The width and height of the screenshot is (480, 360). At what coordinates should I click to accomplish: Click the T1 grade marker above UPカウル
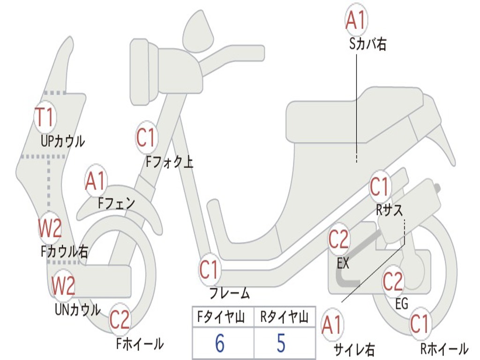[x=45, y=117]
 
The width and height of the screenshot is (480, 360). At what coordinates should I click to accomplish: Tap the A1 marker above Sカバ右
[x=356, y=20]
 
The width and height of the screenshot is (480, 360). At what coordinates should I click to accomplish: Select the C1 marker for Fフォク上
[x=146, y=137]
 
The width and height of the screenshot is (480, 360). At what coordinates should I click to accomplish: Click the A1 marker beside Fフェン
[x=96, y=181]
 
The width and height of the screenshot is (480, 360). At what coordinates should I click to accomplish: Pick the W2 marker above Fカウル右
[x=50, y=228]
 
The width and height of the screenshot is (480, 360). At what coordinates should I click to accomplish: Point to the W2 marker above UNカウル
[x=63, y=285]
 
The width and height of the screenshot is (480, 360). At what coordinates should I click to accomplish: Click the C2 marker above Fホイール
[x=120, y=319]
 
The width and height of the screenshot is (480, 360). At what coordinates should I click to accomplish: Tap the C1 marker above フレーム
[x=210, y=270]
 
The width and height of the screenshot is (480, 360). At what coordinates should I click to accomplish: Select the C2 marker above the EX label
[x=338, y=239]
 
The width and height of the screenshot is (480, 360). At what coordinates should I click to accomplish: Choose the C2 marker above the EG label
[x=393, y=281]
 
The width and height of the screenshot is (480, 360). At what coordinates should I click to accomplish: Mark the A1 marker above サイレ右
[x=332, y=325]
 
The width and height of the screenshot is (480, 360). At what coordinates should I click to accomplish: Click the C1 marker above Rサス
[x=380, y=187]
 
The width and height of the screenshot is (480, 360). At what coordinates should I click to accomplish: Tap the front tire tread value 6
[x=220, y=343]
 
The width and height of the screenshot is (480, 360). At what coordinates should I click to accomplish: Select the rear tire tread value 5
[x=281, y=343]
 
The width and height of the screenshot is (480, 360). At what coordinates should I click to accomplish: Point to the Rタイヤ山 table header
[x=284, y=317]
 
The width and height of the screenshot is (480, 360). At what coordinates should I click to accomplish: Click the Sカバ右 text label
[x=367, y=44]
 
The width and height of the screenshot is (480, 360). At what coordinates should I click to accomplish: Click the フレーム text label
[x=230, y=293]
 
